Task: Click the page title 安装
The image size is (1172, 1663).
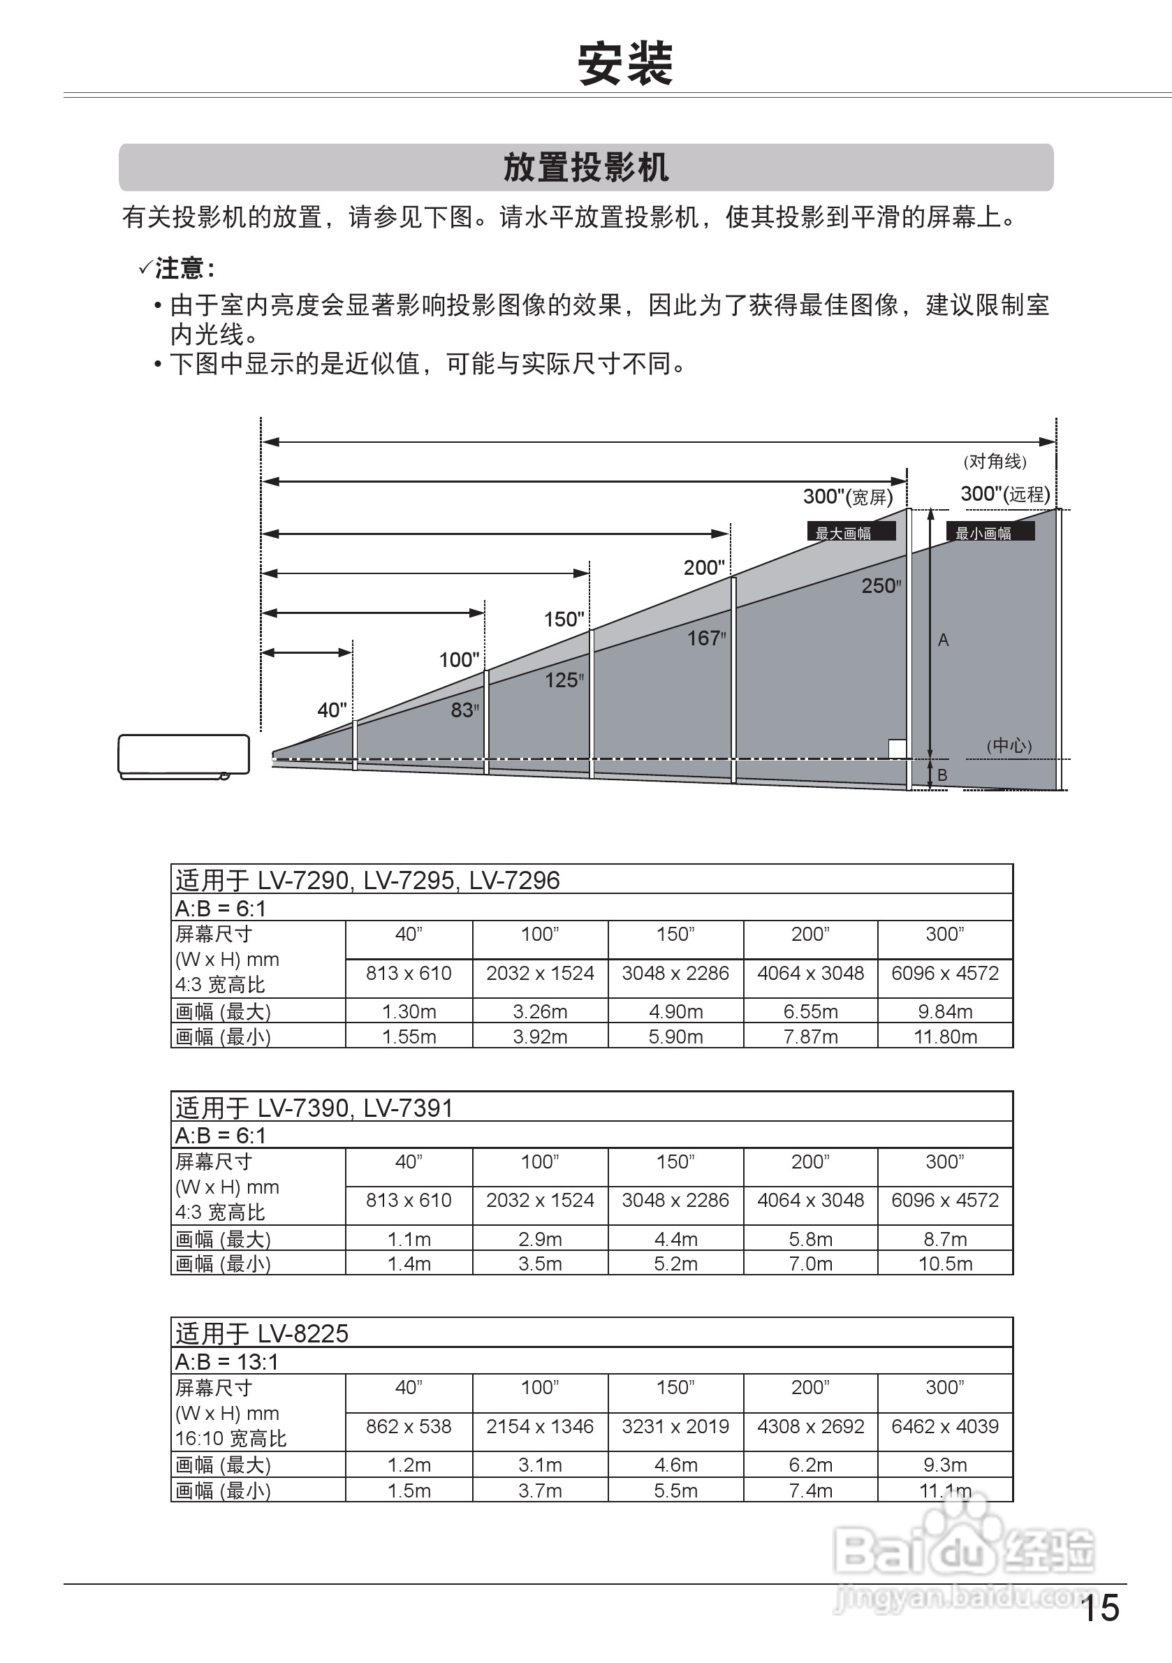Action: (x=625, y=64)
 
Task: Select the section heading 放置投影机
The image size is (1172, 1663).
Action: (x=586, y=168)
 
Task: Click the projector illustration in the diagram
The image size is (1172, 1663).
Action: (x=184, y=756)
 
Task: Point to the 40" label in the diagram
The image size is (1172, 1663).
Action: (x=332, y=710)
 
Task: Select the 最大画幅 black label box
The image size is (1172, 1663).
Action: (x=851, y=532)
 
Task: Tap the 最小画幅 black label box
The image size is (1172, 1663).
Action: (x=990, y=532)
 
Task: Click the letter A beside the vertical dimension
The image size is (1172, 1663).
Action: (x=943, y=640)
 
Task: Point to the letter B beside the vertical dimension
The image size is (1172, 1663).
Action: (x=942, y=775)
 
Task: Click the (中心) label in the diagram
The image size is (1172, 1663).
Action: (x=1009, y=745)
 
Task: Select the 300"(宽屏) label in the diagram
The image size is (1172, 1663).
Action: (x=847, y=497)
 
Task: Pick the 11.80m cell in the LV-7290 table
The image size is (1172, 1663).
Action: (x=945, y=1036)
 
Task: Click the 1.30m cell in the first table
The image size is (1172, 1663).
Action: (x=409, y=1011)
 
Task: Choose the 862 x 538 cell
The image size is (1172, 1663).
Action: (x=409, y=1426)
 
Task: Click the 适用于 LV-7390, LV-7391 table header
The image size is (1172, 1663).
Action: (x=314, y=1108)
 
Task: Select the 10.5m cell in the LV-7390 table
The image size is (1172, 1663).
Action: (x=945, y=1264)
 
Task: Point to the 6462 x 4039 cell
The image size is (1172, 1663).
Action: (x=945, y=1426)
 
